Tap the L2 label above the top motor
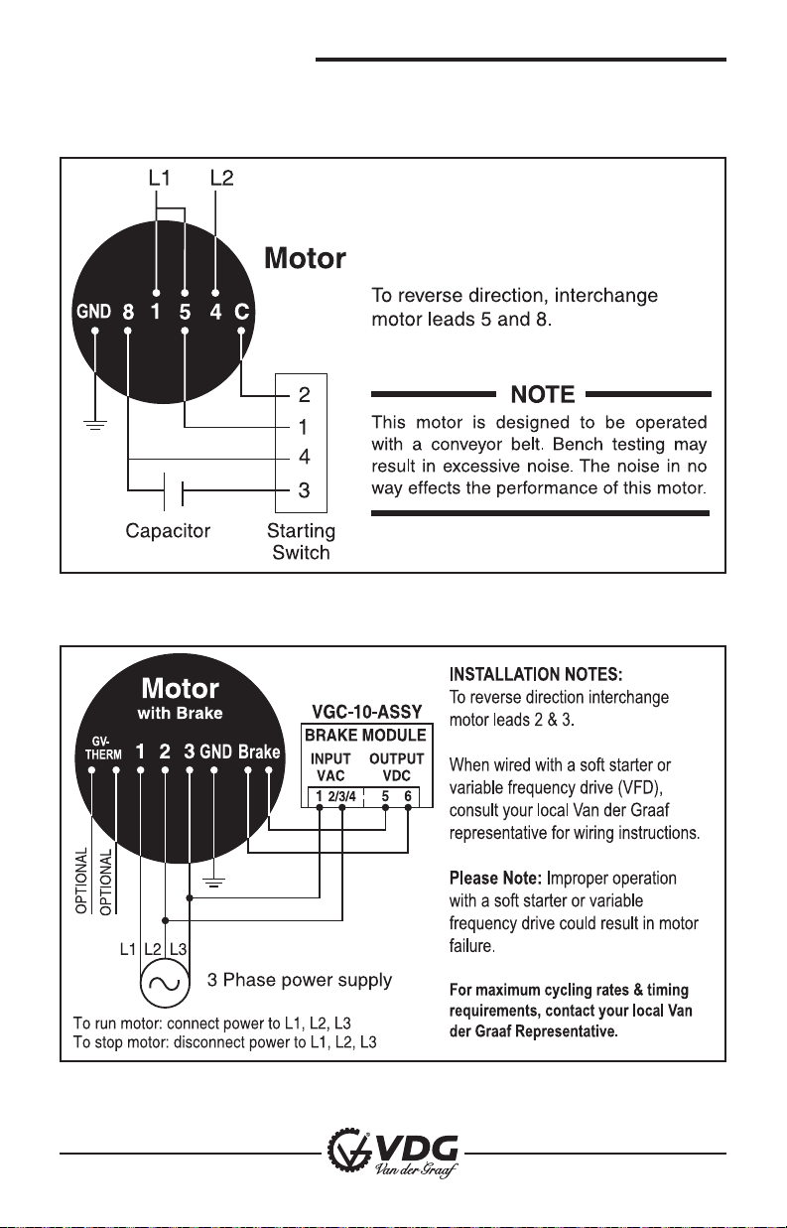221,179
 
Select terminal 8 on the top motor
128,312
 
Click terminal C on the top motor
240,312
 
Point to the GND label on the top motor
94,312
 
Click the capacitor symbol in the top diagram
176,489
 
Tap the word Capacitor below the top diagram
168,531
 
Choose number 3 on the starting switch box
305,489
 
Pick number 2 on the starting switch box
305,395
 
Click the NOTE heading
541,393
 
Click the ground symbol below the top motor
94,425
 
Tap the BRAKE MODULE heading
364,736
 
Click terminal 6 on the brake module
408,796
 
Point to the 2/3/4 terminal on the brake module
341,796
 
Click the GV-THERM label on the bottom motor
100,747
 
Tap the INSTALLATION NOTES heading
536,676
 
